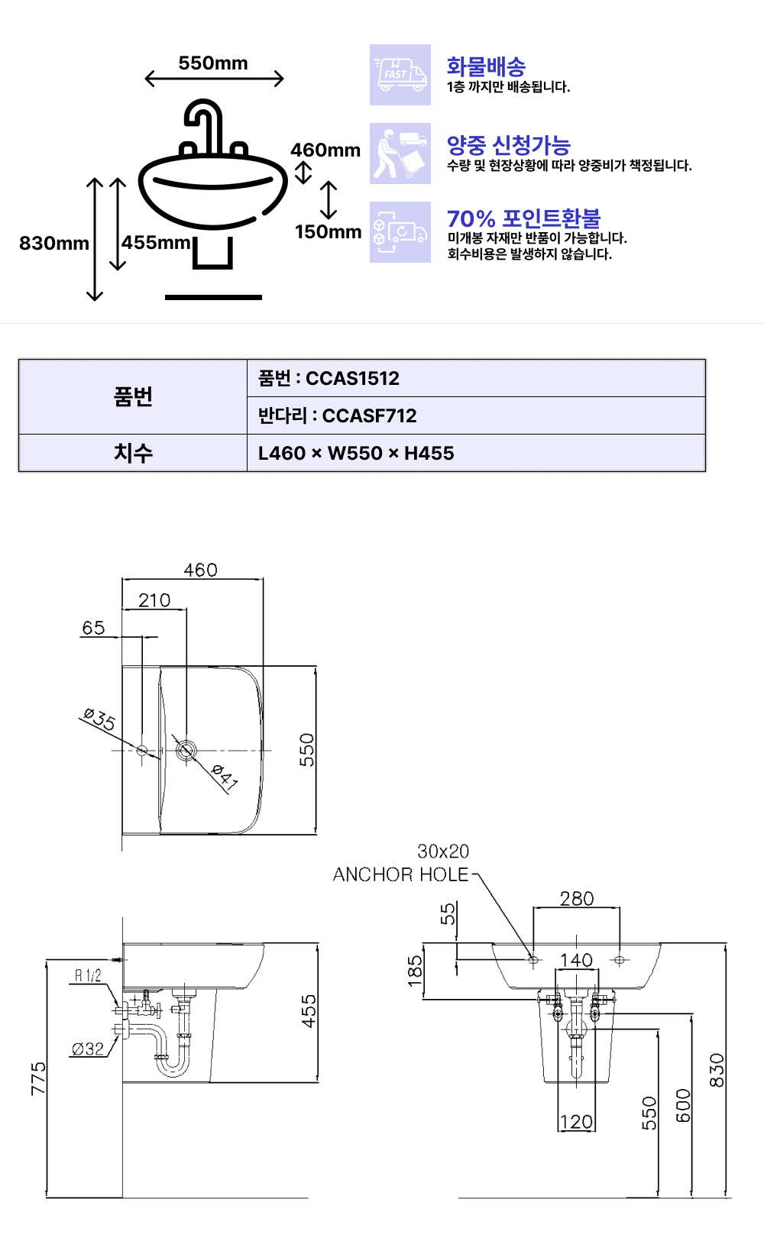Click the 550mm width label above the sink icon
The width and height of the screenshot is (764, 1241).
213,63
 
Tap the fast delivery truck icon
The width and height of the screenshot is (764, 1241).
400,75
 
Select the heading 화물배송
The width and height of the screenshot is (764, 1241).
486,66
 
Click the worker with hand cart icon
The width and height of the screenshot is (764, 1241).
400,154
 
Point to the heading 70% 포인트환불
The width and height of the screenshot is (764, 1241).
524,219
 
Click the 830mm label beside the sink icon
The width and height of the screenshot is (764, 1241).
54,243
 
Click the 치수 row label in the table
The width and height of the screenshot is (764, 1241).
133,453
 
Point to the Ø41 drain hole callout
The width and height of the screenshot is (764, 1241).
225,776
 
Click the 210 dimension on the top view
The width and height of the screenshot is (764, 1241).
154,600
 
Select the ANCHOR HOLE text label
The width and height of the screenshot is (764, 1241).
400,874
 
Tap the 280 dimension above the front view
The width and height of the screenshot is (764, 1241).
577,899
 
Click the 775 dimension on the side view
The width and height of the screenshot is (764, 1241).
38,1078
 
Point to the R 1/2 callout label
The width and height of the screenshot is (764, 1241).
88,976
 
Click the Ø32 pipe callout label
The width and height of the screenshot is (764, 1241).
88,1049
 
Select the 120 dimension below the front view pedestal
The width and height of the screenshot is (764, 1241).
577,1122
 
